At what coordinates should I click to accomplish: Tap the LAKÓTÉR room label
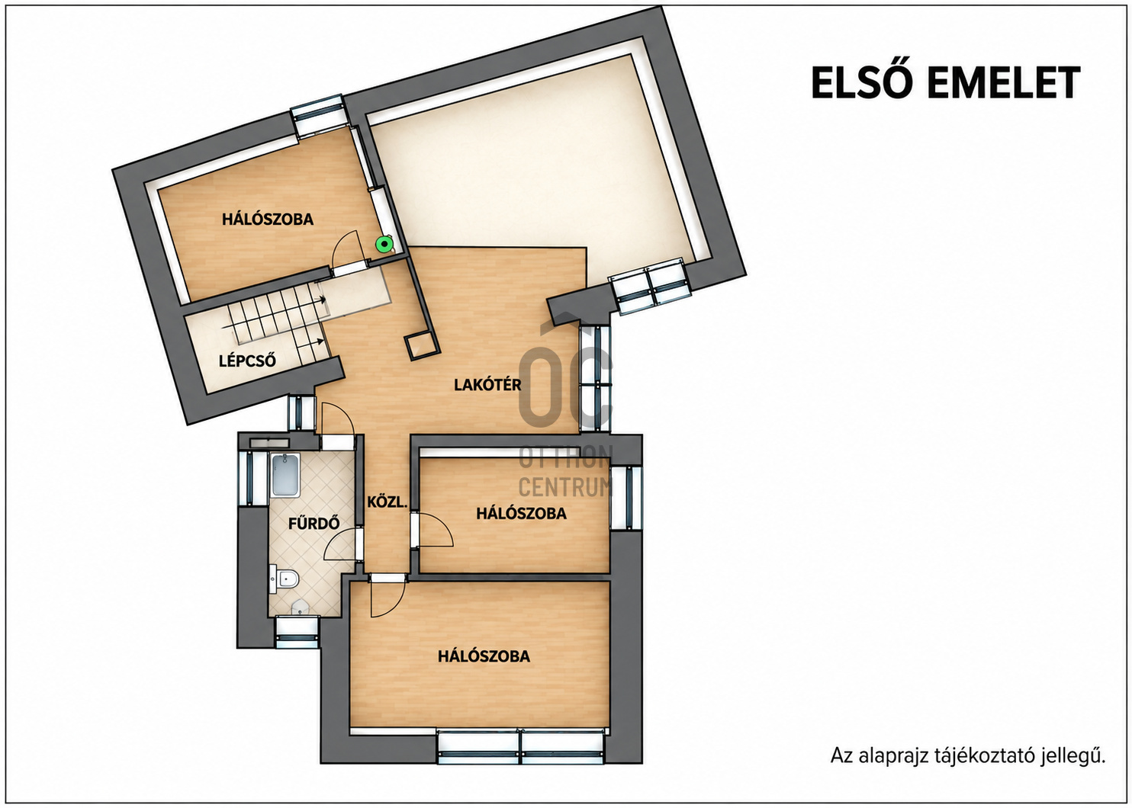tap(487, 385)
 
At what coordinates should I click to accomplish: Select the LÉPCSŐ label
tap(247, 361)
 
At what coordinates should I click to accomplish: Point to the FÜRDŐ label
tap(314, 523)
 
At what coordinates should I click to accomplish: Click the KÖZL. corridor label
tap(387, 502)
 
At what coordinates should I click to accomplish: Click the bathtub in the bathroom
tap(285, 475)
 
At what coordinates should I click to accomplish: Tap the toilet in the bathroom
tap(285, 578)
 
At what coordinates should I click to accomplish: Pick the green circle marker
tap(385, 245)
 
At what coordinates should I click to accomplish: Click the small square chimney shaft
tap(419, 346)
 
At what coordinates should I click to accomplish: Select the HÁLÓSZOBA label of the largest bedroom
tap(484, 656)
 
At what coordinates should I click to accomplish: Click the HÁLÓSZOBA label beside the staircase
tap(268, 220)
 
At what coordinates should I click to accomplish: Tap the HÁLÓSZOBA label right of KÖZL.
tap(521, 514)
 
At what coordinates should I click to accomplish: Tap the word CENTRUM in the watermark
tap(565, 487)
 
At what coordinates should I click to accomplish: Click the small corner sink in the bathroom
tap(301, 607)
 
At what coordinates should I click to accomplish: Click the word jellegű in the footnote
tap(1079, 771)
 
